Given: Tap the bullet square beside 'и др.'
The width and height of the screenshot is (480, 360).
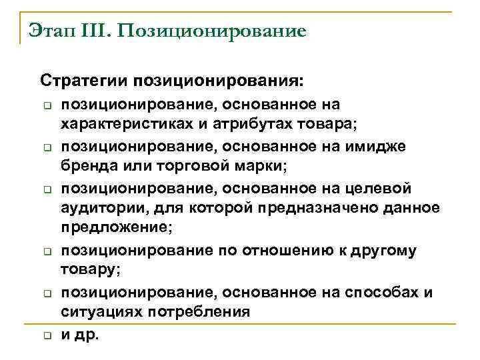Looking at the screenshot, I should (48, 335).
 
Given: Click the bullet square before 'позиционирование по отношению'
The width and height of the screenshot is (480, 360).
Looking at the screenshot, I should (48, 251).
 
